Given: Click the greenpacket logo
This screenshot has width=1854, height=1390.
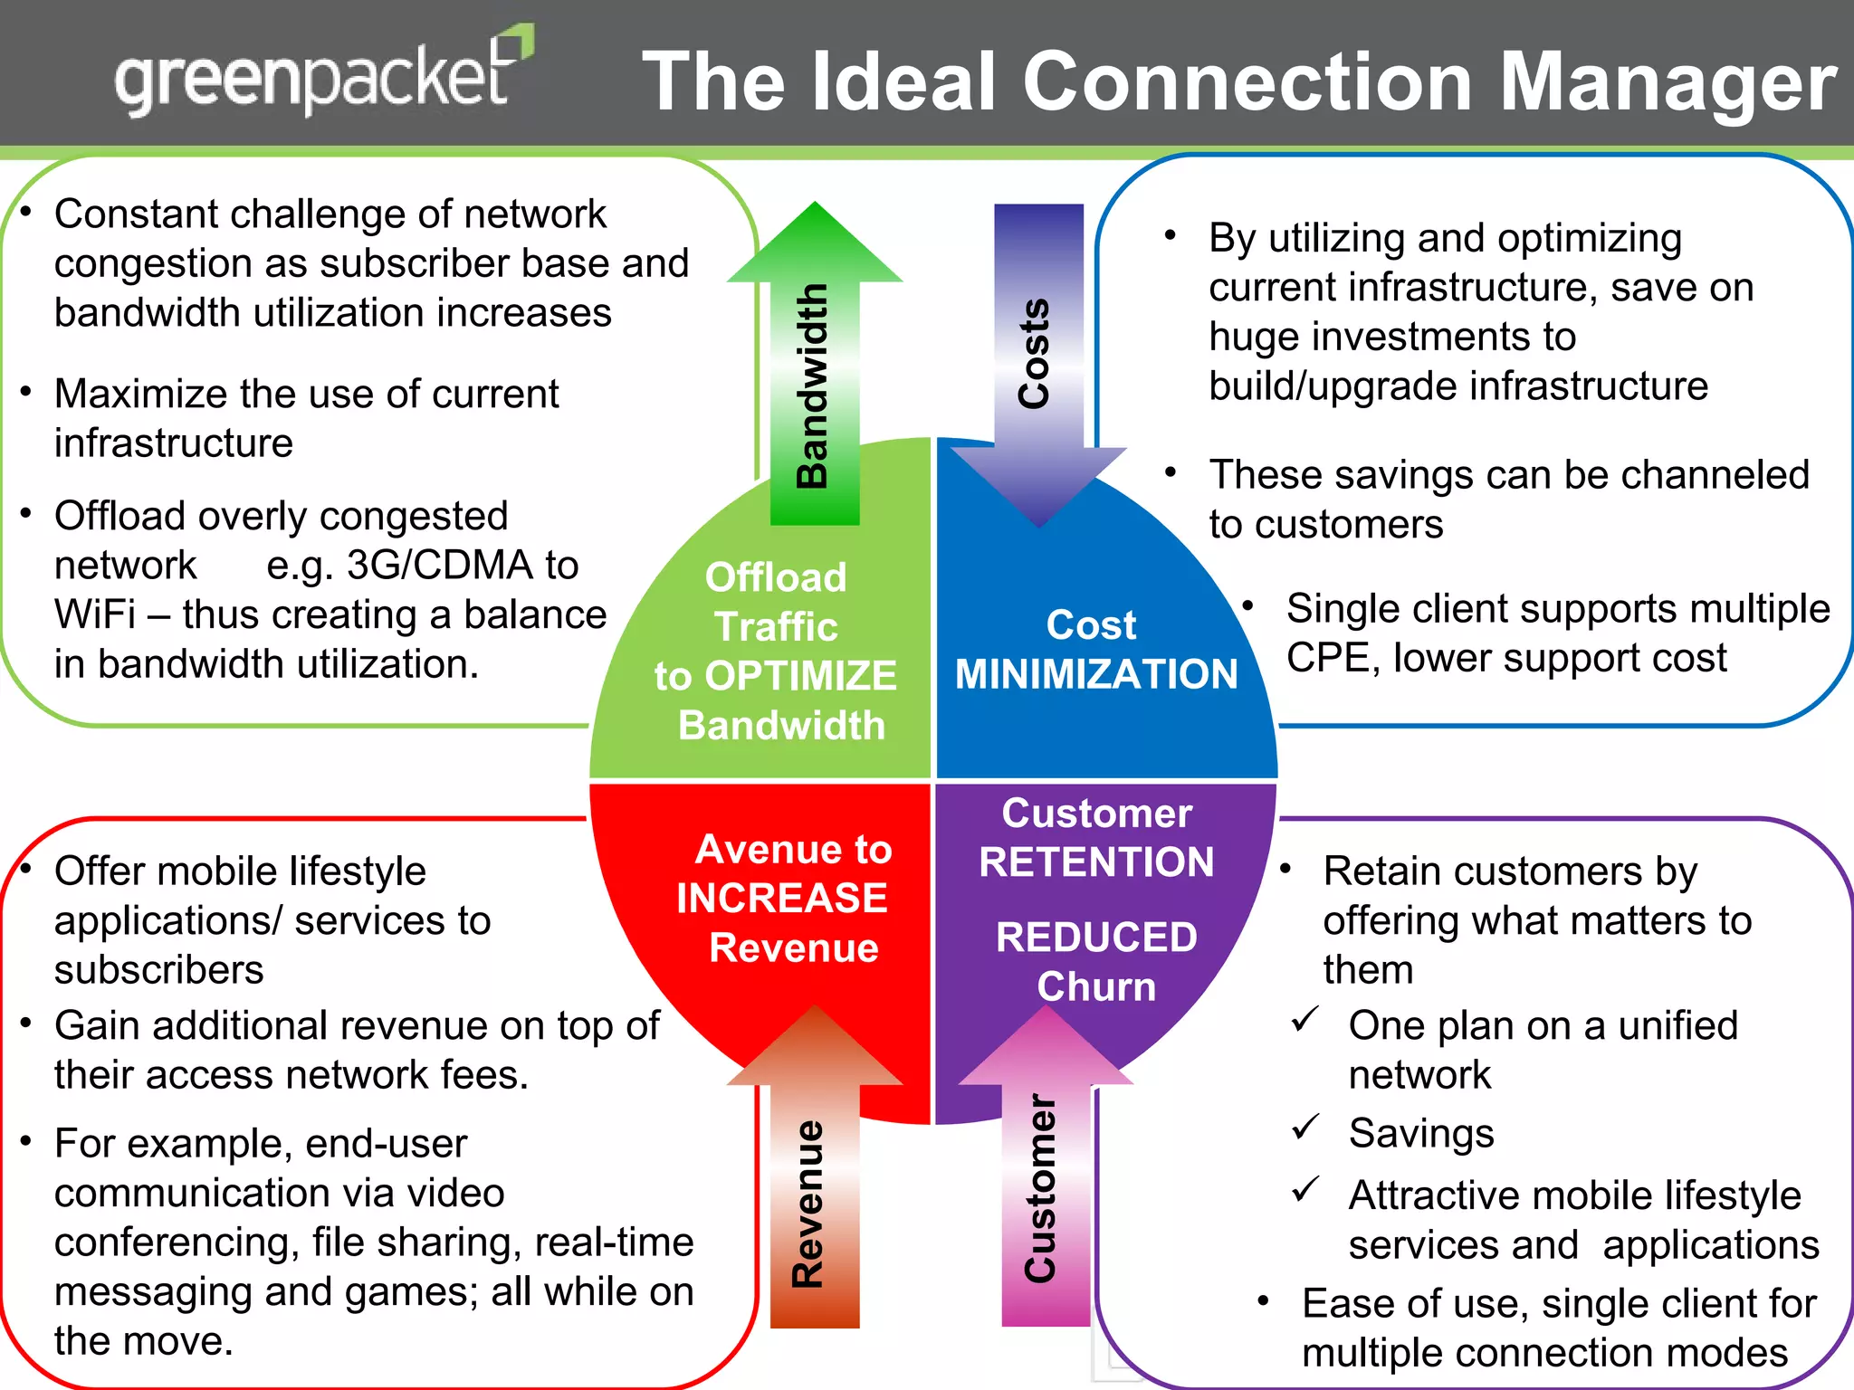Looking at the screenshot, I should point(321,77).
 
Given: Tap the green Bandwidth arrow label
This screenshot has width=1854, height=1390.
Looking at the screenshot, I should point(812,386).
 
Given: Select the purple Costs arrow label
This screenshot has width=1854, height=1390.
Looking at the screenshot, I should point(1034,354).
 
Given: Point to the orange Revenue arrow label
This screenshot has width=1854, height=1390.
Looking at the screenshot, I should point(808,1204).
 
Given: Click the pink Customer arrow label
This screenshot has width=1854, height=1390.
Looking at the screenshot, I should point(1041,1189).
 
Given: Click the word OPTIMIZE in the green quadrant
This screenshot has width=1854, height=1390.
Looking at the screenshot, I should point(800,676).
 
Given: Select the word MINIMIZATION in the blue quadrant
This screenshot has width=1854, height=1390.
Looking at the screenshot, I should point(1096,674).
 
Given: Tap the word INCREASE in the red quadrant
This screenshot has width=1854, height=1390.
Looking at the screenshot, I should point(782,898).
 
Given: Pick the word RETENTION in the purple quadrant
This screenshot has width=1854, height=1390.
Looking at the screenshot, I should point(1096,862).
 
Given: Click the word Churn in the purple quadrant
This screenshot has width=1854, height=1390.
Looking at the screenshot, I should point(1096,986).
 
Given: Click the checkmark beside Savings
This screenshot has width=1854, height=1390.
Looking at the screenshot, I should point(1304,1128).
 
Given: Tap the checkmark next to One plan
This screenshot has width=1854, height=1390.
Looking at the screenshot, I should point(1304,1020).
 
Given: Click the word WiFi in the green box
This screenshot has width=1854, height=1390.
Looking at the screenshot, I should point(94,615).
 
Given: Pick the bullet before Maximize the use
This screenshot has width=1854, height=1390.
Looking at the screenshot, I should point(27,392).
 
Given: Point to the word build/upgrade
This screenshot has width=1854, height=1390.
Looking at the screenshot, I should point(1332,386).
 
